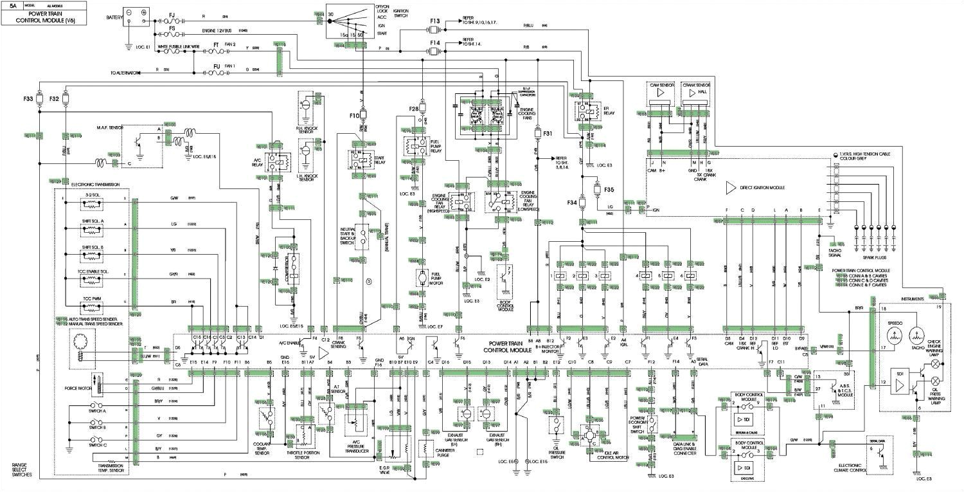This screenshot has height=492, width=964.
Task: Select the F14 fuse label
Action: [x=435, y=43]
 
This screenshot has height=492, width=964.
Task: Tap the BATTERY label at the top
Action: [x=114, y=17]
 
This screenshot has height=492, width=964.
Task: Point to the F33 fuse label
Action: [x=28, y=99]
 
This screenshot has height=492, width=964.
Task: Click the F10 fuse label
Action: [x=354, y=116]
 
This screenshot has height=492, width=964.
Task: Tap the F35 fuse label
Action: [x=609, y=190]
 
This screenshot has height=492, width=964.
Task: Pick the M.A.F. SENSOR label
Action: [x=109, y=128]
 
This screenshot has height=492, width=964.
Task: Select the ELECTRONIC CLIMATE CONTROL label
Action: [x=857, y=468]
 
